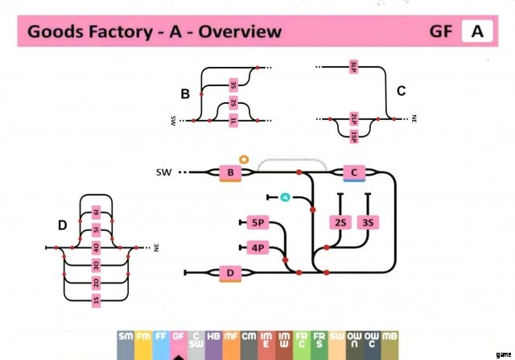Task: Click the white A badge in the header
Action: pyautogui.click(x=477, y=32)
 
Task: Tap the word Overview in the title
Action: pyautogui.click(x=241, y=32)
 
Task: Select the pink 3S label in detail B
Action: pyautogui.click(x=233, y=84)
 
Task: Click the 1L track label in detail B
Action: pyautogui.click(x=233, y=121)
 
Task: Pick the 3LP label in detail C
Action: pyautogui.click(x=353, y=68)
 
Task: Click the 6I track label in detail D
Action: pyautogui.click(x=96, y=212)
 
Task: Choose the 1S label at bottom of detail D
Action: pyautogui.click(x=96, y=300)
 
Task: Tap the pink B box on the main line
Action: pyautogui.click(x=230, y=172)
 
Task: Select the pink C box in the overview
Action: pyautogui.click(x=354, y=172)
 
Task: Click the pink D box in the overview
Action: pyautogui.click(x=230, y=275)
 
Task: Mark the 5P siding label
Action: pyautogui.click(x=257, y=222)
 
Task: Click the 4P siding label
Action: pyautogui.click(x=257, y=247)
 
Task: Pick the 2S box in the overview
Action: pyautogui.click(x=340, y=222)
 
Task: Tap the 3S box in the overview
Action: pyautogui.click(x=369, y=222)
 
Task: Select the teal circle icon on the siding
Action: pyautogui.click(x=284, y=197)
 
